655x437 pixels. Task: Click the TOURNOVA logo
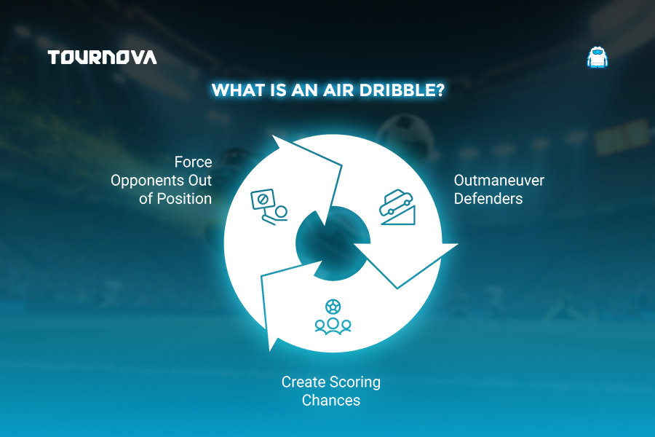[x=103, y=58]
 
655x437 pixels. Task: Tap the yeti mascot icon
[x=598, y=58]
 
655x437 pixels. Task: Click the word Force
[x=193, y=162]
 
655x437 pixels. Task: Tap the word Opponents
[x=147, y=181]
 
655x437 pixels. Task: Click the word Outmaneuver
[x=499, y=180]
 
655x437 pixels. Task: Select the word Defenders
[x=488, y=199]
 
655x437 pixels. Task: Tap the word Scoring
[x=355, y=382]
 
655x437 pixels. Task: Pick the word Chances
[x=331, y=400]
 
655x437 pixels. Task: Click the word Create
[x=303, y=382]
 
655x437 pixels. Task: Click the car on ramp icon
[x=397, y=208]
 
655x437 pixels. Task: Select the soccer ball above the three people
[x=333, y=307]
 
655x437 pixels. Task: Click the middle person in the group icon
[x=333, y=326]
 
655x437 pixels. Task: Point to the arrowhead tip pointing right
[x=458, y=244]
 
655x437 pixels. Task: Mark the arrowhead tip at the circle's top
[x=272, y=135]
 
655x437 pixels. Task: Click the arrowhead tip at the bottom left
[x=270, y=350]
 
